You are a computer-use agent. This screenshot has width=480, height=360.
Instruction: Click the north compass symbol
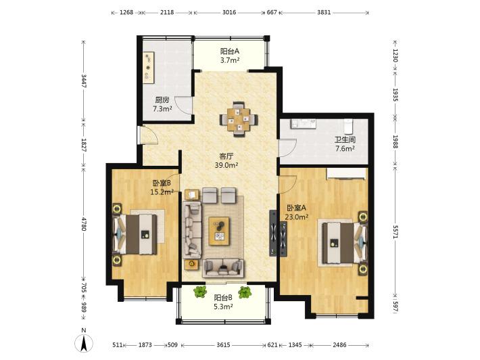tap(84, 340)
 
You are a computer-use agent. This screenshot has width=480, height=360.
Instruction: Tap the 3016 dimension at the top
tap(229, 12)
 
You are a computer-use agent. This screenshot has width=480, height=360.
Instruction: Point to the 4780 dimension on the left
tap(84, 223)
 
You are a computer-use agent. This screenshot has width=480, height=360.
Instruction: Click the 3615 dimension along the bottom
tap(223, 345)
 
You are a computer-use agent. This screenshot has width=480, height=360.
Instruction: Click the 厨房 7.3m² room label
tap(162, 104)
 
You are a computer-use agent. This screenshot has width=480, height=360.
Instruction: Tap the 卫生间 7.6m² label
tap(345, 144)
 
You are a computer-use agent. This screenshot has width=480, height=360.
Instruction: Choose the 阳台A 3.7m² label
tap(230, 55)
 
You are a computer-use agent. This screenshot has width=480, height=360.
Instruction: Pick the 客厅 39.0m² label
tap(226, 161)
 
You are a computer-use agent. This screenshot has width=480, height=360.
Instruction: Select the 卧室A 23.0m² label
tap(296, 212)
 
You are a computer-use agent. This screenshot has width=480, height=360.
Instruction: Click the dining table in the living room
tap(239, 119)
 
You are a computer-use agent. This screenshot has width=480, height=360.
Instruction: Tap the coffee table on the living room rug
tap(219, 231)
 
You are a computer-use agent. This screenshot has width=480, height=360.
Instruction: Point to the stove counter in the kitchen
tap(149, 68)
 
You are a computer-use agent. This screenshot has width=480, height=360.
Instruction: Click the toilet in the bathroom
tap(348, 125)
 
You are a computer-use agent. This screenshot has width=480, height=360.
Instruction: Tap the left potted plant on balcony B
tap(200, 292)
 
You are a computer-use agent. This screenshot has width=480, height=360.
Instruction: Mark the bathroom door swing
tap(288, 147)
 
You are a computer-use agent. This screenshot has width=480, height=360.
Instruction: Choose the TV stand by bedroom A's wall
tap(273, 233)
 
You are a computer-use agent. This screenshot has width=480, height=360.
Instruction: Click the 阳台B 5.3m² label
tap(223, 302)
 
